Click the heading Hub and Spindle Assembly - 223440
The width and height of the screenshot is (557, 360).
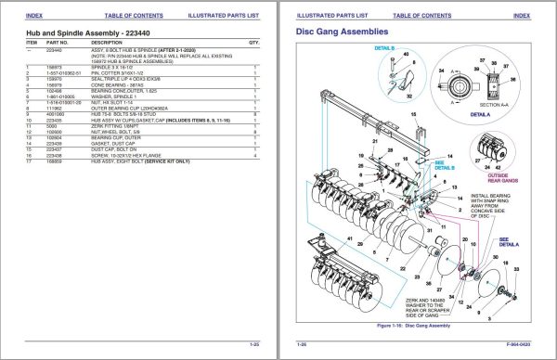[84, 33]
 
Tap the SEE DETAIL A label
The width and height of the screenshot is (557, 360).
[508, 240]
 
